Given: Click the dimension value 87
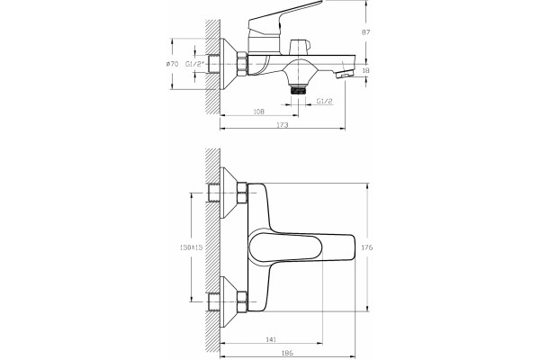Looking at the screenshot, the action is (365, 32).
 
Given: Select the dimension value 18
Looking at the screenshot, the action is (365, 70).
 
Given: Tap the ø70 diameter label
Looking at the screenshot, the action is (172, 64).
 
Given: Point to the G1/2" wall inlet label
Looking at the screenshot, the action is (195, 64).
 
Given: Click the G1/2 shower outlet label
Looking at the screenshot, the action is (324, 101).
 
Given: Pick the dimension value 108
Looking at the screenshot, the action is (258, 112).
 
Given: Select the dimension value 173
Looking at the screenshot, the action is (283, 125).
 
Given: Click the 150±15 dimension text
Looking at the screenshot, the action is (192, 247).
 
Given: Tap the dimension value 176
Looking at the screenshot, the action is (367, 247).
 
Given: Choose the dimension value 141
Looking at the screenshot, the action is (271, 339).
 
